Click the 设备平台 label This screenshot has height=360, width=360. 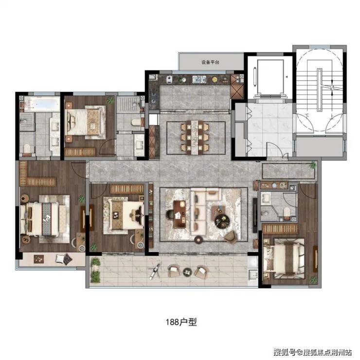pyautogui.click(x=210, y=62)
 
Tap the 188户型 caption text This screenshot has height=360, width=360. pyautogui.click(x=181, y=322)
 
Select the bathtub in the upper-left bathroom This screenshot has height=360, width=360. pyautogui.click(x=42, y=105)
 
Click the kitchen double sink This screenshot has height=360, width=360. pyautogui.click(x=199, y=80)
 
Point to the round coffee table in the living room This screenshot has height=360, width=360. pyautogui.click(x=222, y=220)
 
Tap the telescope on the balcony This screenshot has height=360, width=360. pyautogui.click(x=155, y=271)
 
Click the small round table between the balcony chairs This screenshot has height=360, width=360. pyautogui.click(x=188, y=272)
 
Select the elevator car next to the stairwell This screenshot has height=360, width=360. pyautogui.click(x=270, y=77)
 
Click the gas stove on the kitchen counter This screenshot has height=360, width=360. pyautogui.click(x=153, y=97)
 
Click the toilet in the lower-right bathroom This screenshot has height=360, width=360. pyautogui.click(x=287, y=212)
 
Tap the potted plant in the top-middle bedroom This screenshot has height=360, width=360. pyautogui.click(x=110, y=100)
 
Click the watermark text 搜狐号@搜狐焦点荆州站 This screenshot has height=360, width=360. pyautogui.click(x=312, y=352)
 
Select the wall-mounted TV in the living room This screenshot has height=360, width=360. pyautogui.click(x=255, y=216)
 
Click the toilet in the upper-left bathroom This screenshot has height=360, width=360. pyautogui.click(x=27, y=148)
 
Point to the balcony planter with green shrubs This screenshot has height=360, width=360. pyautogui.click(x=96, y=270)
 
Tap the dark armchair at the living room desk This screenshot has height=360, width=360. pyautogui.click(x=170, y=214)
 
